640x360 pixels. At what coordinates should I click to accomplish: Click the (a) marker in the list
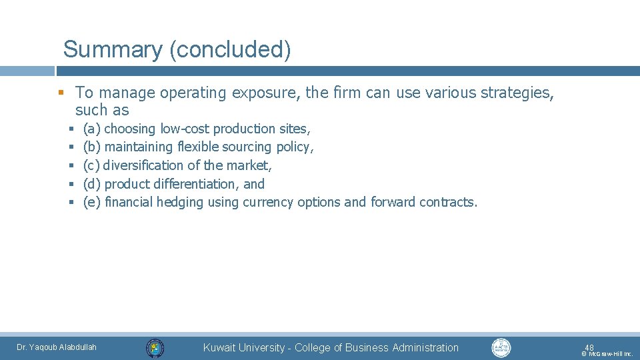pos(92,129)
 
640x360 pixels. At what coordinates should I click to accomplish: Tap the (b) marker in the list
pos(92,147)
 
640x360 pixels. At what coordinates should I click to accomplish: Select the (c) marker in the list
pos(92,165)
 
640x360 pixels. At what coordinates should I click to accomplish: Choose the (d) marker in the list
pos(92,184)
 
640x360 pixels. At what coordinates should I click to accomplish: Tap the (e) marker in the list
pos(92,202)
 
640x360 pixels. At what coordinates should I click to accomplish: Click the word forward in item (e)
pos(393,202)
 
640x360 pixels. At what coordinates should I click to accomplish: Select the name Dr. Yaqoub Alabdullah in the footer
pos(57,347)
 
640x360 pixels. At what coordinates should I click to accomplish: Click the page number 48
pos(589,347)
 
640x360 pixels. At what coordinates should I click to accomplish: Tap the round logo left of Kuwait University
pos(155,348)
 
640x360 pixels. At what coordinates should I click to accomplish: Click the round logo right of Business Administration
pos(501,347)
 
